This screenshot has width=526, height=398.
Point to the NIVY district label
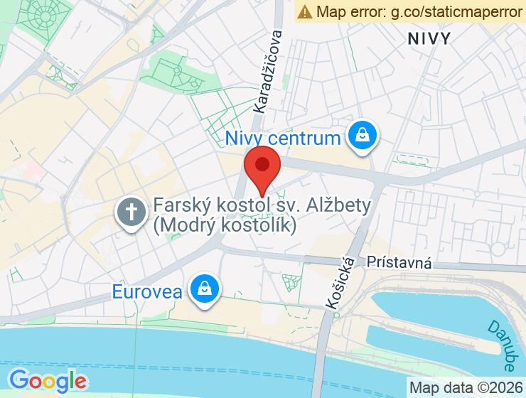click(x=429, y=39)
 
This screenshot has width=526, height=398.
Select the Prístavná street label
click(x=399, y=262)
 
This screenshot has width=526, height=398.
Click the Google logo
click(x=48, y=380)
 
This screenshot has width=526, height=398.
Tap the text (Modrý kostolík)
click(x=225, y=225)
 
